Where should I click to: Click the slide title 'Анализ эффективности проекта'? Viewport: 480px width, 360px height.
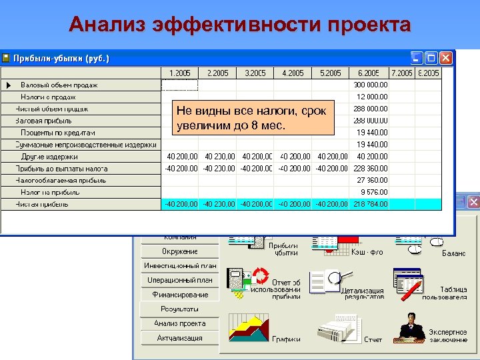[x=239, y=25]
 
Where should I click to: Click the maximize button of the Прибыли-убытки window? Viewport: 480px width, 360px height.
[x=431, y=58]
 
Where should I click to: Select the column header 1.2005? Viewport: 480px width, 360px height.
[x=180, y=73]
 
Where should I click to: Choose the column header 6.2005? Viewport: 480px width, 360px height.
[x=369, y=73]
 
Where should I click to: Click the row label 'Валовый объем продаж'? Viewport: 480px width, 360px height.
[x=59, y=85]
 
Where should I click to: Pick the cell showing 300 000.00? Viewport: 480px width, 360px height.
[x=370, y=85]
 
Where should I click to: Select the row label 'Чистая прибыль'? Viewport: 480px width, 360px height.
[x=41, y=204]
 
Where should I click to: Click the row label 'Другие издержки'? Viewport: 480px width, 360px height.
[x=49, y=157]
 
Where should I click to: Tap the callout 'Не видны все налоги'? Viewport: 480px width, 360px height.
[x=251, y=118]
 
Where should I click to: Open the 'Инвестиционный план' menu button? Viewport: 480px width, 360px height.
[x=179, y=265]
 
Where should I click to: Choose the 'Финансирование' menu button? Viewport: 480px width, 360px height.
[x=179, y=294]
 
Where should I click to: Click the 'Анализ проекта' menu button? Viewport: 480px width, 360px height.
[x=179, y=323]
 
